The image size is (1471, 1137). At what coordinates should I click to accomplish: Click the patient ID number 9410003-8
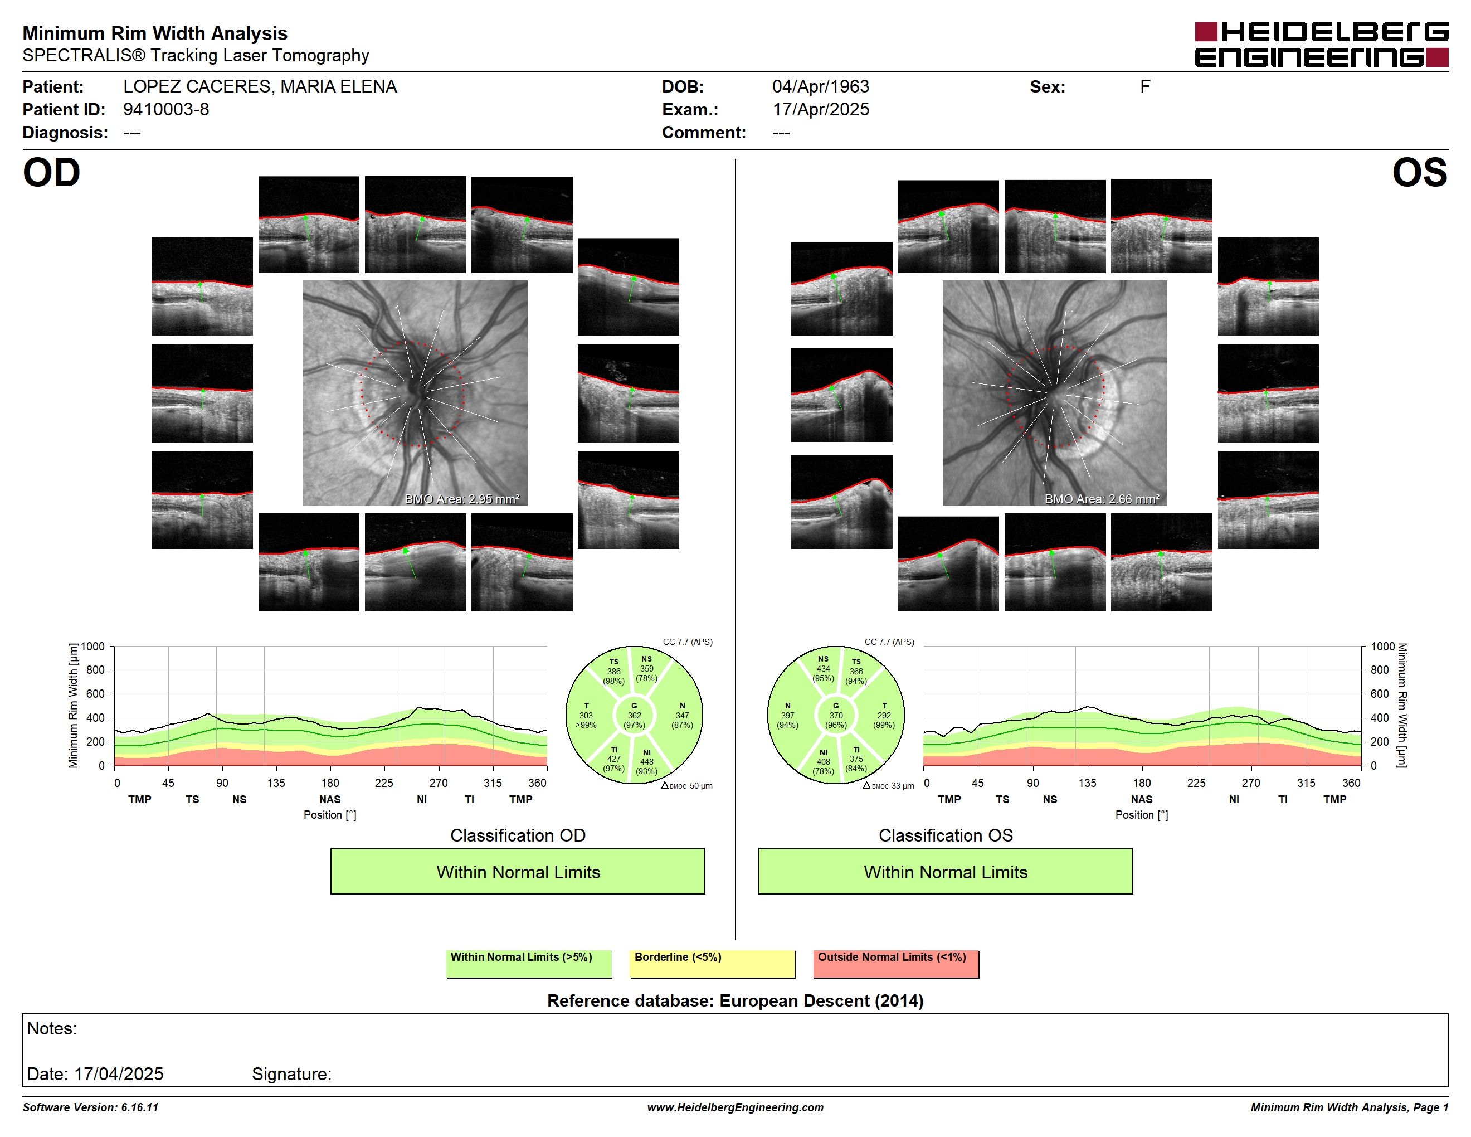(165, 109)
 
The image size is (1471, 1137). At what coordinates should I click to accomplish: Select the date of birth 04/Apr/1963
(820, 86)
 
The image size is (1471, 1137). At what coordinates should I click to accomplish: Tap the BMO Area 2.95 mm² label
(462, 499)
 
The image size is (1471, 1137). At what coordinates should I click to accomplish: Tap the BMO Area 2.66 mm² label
(1102, 499)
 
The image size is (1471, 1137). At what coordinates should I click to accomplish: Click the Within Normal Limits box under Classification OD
(517, 871)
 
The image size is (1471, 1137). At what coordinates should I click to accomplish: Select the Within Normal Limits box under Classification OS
(945, 871)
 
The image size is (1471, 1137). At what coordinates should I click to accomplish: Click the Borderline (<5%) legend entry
(712, 963)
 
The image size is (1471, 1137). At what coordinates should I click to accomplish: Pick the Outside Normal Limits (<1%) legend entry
(896, 963)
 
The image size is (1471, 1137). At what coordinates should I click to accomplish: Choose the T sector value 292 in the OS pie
(884, 715)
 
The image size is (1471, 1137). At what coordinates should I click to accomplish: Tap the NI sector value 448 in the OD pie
(646, 762)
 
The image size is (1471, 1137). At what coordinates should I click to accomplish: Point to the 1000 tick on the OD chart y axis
(93, 647)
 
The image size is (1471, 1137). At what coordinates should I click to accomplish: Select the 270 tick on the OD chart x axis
(439, 783)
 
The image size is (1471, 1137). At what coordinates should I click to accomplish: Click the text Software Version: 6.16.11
(90, 1107)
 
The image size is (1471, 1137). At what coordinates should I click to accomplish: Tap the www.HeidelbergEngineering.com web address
(735, 1107)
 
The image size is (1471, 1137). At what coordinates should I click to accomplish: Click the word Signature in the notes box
(291, 1073)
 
